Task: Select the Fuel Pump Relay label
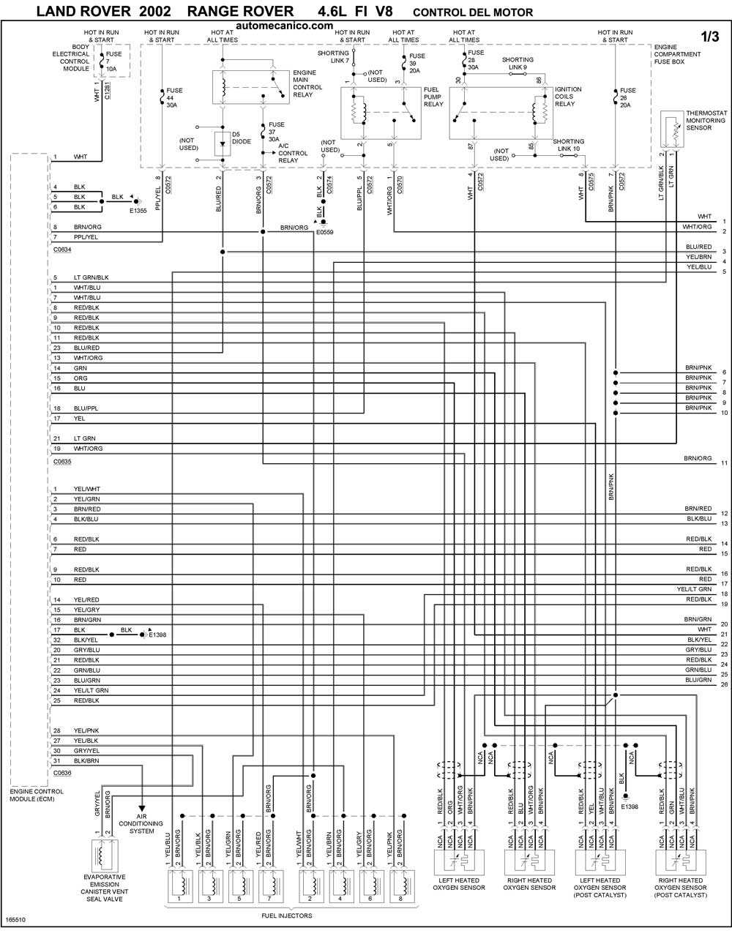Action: click(433, 97)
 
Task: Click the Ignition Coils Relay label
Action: click(568, 97)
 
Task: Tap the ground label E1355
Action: click(138, 211)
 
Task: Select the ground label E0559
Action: click(324, 232)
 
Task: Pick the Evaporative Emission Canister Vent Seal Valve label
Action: click(103, 888)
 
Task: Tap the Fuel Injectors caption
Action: click(286, 916)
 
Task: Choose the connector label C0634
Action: click(62, 250)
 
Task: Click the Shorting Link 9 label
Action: click(518, 64)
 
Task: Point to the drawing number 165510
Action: click(15, 919)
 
